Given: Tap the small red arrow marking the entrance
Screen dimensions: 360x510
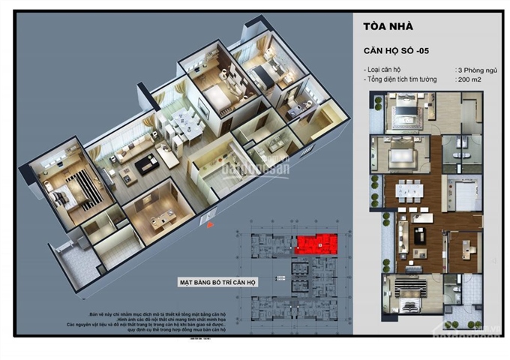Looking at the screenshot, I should [212, 223].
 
